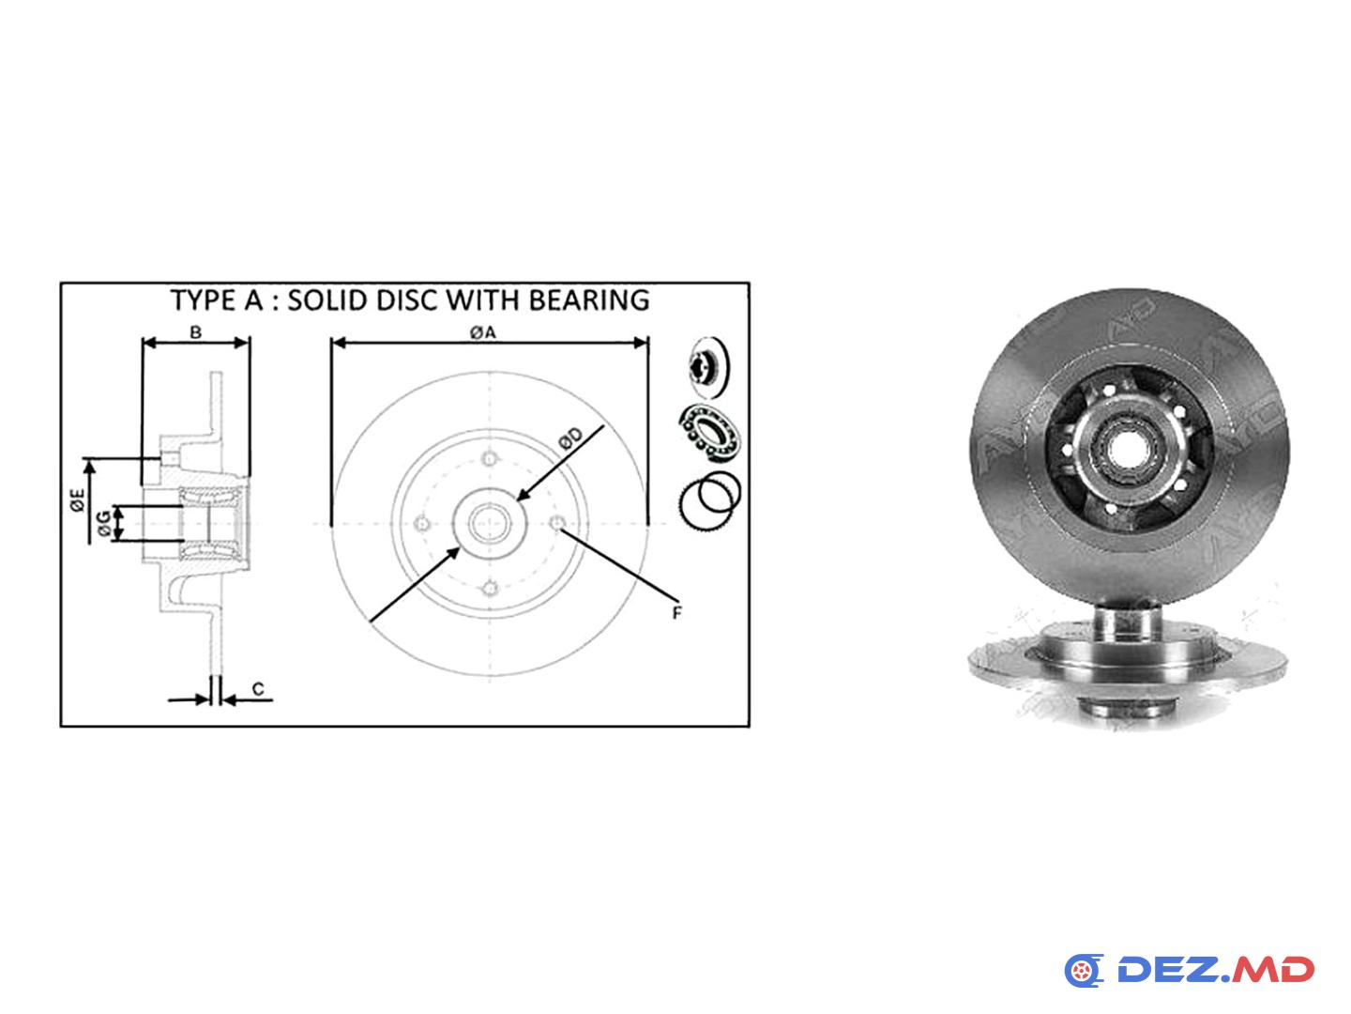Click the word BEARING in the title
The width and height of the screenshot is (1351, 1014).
pos(588,300)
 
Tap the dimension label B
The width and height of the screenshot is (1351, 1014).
pos(196,332)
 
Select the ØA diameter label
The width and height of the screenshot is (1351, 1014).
pos(482,332)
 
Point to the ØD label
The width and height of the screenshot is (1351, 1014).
pos(569,438)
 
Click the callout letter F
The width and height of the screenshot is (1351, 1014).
pos(676,612)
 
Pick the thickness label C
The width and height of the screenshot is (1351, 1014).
pos(258,689)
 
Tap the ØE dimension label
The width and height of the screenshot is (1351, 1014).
pos(77,499)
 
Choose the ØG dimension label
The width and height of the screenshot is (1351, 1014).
pos(104,523)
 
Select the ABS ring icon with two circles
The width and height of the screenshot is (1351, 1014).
pos(711,500)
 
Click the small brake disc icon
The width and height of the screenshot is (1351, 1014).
pos(708,367)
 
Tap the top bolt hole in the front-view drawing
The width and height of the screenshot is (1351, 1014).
pos(490,459)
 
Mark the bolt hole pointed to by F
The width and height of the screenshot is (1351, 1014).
pos(557,524)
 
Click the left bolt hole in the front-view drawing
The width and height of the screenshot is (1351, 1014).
pos(422,524)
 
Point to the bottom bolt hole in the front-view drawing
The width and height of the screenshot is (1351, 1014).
pos(490,589)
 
